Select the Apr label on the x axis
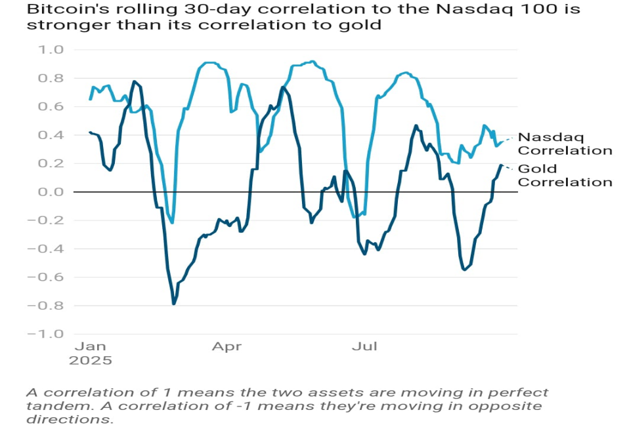coord(227,346)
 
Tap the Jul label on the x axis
coord(364,346)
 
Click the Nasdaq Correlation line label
coord(565,144)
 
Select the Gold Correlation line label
coord(565,175)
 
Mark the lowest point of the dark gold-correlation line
coord(174,304)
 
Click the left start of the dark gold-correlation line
coord(90,132)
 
